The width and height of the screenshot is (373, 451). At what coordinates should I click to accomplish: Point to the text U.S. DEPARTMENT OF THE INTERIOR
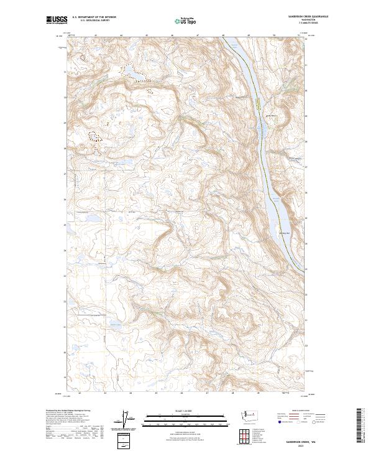[x=94, y=17]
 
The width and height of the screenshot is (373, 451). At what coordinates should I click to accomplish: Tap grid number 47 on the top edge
[x=197, y=35]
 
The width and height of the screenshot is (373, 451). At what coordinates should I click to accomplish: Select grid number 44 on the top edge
[x=121, y=35]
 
